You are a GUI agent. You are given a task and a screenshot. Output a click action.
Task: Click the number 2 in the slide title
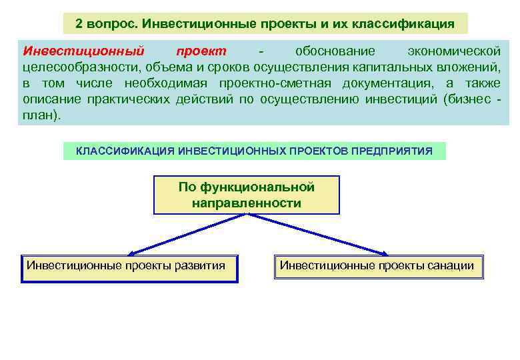pyautogui.click(x=79, y=24)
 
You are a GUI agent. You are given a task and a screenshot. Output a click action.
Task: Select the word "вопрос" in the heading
pyautogui.click(x=111, y=24)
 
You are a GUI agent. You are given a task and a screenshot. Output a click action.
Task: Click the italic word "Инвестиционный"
pyautogui.click(x=83, y=51)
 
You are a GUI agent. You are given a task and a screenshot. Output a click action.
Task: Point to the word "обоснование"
pyautogui.click(x=335, y=51)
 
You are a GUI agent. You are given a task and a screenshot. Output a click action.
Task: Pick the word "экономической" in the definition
pyautogui.click(x=454, y=51)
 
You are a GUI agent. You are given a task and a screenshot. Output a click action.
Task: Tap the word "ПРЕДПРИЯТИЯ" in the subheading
pyautogui.click(x=395, y=151)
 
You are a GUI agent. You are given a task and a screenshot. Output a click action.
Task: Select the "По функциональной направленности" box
pyautogui.click(x=247, y=195)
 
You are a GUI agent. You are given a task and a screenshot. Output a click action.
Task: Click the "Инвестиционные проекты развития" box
pyautogui.click(x=129, y=268)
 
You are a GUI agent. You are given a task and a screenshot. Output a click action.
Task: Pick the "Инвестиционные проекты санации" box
pyautogui.click(x=378, y=267)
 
